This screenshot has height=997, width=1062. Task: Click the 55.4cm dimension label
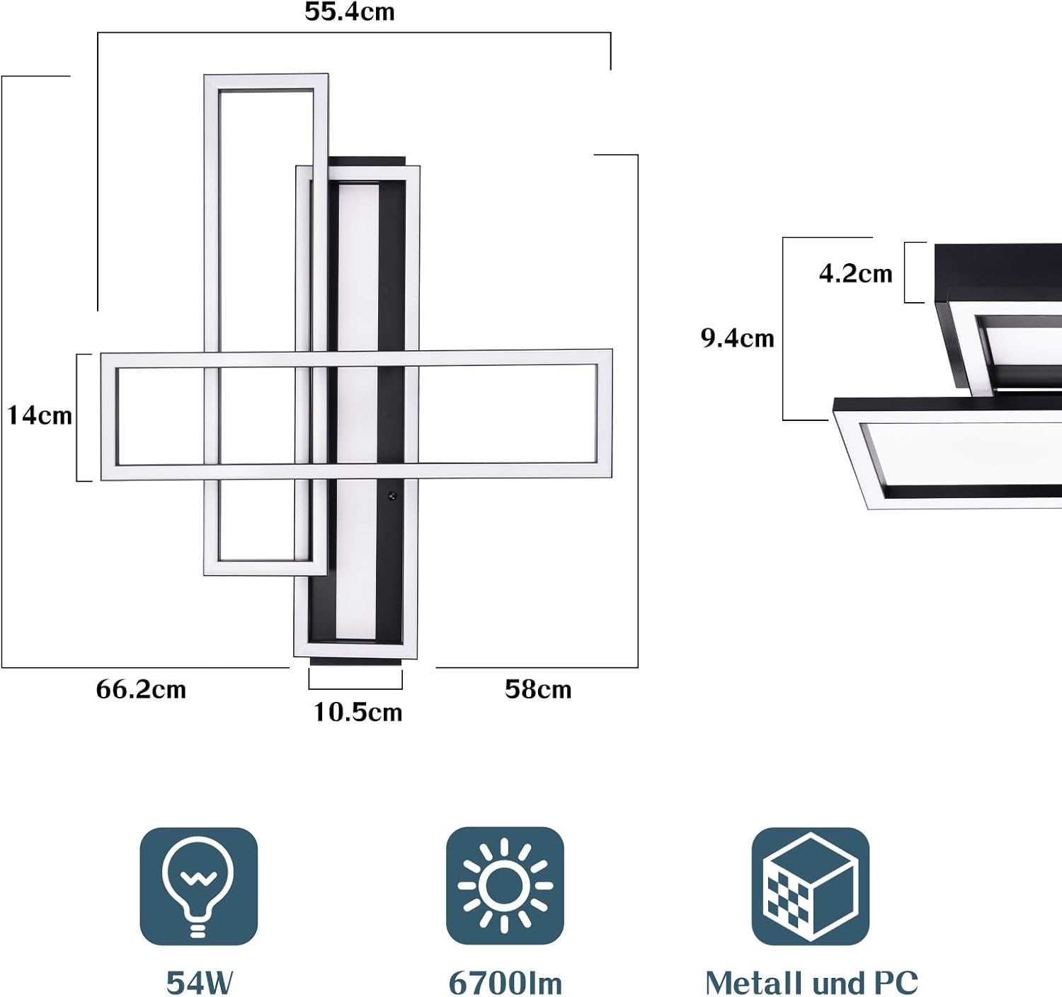[349, 12]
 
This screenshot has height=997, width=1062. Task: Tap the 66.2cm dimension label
[141, 689]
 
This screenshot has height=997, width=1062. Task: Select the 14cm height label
[40, 415]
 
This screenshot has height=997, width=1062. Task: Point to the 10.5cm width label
[358, 712]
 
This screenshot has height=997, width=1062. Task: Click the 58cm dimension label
[537, 689]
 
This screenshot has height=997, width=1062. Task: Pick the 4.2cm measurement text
[855, 274]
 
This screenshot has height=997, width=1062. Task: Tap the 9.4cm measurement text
[737, 338]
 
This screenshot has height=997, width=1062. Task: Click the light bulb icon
[198, 886]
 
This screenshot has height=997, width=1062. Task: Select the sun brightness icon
[504, 886]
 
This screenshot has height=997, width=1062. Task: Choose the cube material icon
[810, 886]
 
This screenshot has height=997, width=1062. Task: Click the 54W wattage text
[200, 983]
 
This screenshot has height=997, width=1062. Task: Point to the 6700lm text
[505, 983]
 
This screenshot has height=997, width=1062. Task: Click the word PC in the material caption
[896, 983]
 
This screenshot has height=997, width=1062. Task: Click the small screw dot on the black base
[390, 497]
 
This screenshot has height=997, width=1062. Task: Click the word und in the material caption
[838, 983]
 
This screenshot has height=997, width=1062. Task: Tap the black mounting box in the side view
[998, 272]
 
